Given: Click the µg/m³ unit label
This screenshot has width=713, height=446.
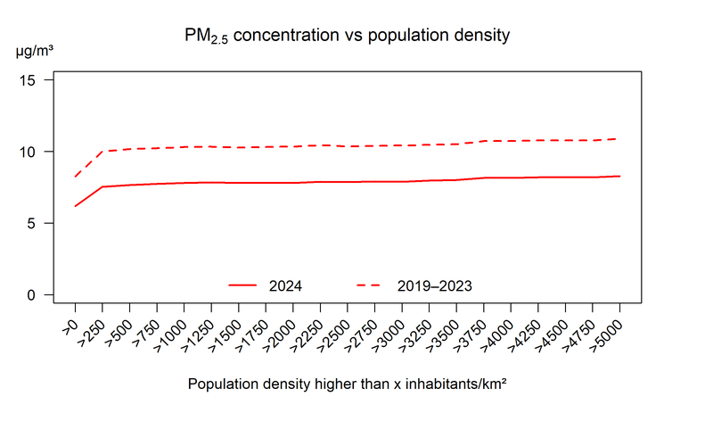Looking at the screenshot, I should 35,51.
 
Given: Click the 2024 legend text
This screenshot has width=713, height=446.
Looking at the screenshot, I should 285,286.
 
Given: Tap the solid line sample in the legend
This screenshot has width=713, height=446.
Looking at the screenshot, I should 242,285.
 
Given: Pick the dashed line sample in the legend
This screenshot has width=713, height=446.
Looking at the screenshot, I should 370,285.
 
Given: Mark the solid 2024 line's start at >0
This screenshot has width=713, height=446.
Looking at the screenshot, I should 75,206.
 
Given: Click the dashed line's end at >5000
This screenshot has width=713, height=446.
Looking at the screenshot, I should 619,138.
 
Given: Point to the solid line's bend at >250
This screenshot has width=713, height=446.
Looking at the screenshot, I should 102,186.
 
